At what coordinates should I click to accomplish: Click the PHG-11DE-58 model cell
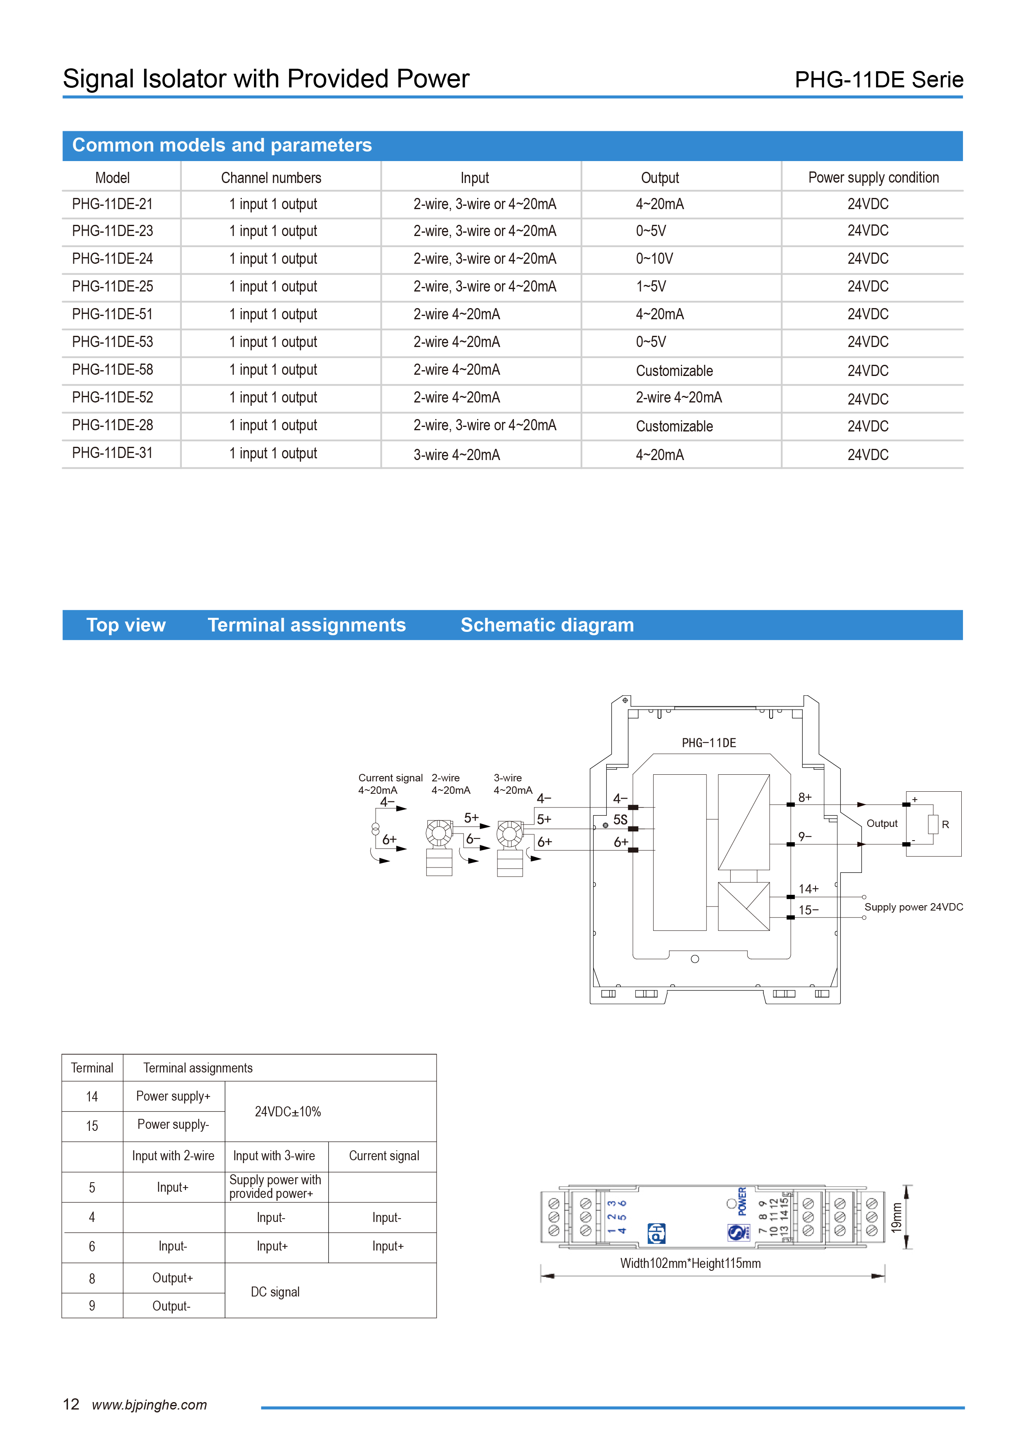click(112, 370)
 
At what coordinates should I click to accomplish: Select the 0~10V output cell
click(654, 259)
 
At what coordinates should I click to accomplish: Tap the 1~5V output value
click(651, 287)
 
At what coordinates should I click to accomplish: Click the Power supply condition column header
click(873, 178)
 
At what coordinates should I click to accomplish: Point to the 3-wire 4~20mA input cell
click(456, 454)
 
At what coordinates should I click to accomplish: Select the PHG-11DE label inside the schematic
click(708, 743)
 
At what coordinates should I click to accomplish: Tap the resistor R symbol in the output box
click(933, 824)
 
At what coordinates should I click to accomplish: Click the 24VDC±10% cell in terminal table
click(287, 1111)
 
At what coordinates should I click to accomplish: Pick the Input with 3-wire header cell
click(274, 1156)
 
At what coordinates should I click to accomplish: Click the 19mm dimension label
click(896, 1217)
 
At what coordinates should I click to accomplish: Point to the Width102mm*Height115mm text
click(690, 1263)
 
